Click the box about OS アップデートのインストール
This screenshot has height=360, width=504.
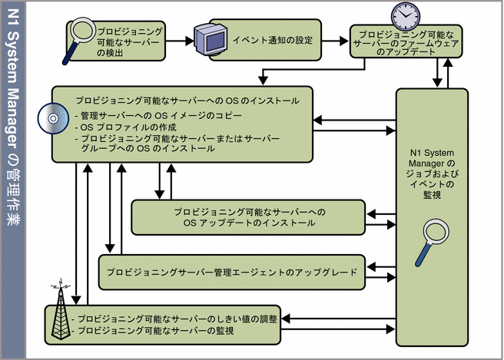point(244,217)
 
